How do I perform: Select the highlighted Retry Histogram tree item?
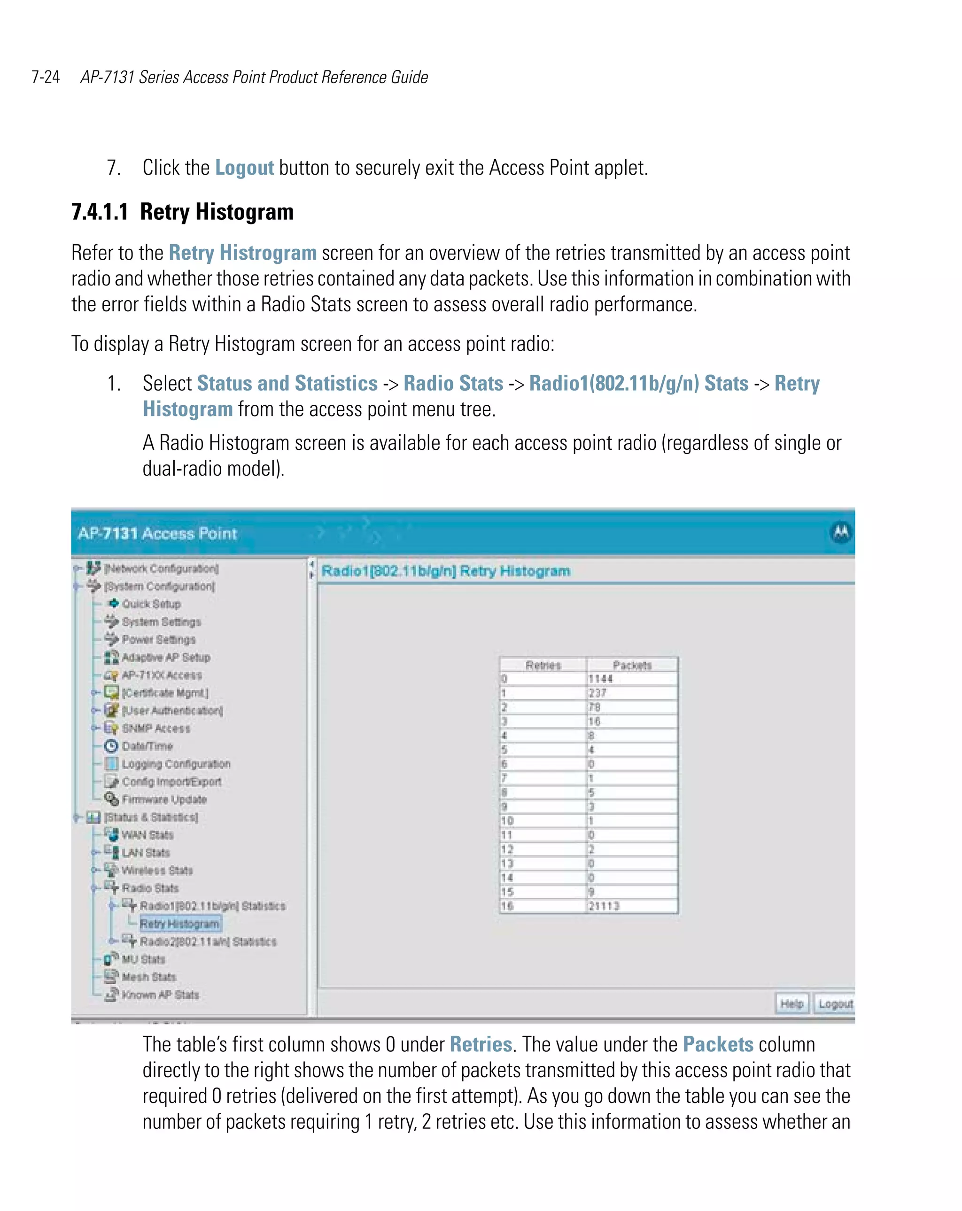[179, 924]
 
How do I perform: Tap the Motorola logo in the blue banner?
[841, 532]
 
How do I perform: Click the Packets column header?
[632, 665]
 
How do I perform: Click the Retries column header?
[543, 665]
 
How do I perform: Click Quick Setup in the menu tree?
[151, 604]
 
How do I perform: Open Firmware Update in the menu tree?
[164, 799]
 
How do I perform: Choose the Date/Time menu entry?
[147, 746]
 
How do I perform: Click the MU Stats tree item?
[143, 959]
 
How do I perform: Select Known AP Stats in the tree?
[160, 995]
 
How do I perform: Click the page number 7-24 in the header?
[46, 77]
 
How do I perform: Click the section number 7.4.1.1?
[100, 212]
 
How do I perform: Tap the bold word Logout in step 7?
[244, 167]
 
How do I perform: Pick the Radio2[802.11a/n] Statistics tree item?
[208, 941]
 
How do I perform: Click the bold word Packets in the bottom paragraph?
[718, 1044]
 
